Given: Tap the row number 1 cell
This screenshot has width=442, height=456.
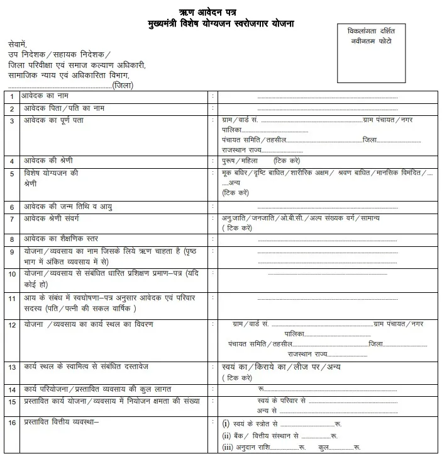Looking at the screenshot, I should (11, 96).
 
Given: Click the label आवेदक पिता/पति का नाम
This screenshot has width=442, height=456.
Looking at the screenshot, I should (64, 108).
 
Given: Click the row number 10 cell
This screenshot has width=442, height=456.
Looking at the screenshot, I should (11, 274).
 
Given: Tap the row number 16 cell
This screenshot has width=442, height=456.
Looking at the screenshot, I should (11, 423).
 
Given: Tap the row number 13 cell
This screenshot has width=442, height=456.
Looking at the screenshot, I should (11, 367).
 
